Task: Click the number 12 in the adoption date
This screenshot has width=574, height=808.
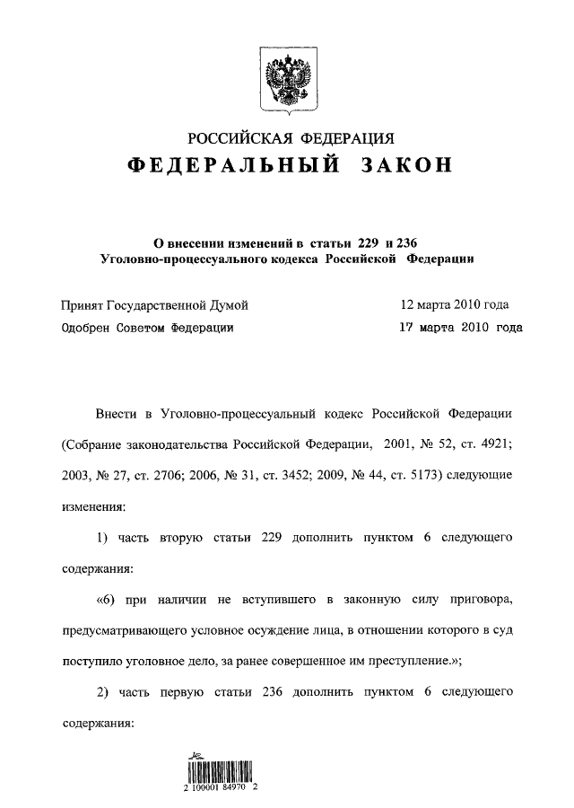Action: [408, 306]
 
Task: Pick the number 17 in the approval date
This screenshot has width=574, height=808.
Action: [407, 329]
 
